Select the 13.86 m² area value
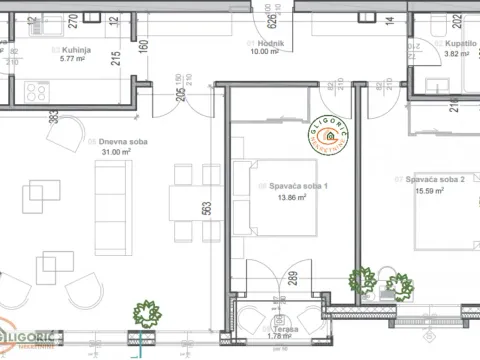pyautogui.click(x=288, y=198)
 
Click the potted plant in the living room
pyautogui.click(x=147, y=313)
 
